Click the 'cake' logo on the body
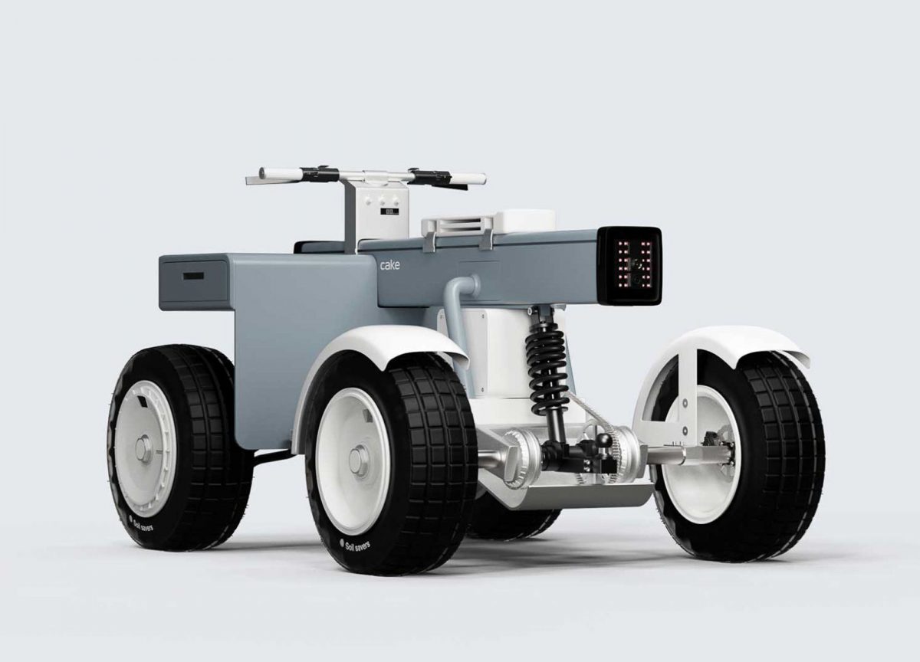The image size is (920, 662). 389,265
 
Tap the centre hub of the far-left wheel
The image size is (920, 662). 145,447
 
